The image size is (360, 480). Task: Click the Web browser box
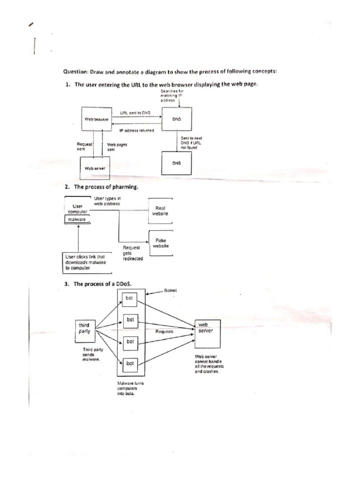click(96, 120)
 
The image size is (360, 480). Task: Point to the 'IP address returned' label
click(136, 130)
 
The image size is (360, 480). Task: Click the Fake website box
click(160, 243)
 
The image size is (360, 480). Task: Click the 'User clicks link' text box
click(87, 263)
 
